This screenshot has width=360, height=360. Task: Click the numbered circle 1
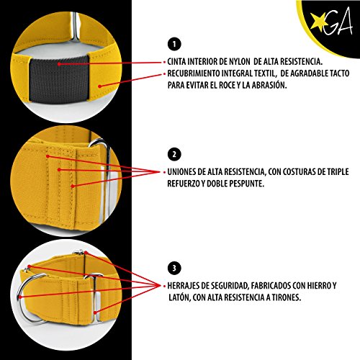tap(174, 44)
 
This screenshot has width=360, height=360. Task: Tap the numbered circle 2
tap(174, 154)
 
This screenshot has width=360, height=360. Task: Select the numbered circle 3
tap(174, 268)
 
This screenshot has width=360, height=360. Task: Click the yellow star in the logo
tap(318, 21)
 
